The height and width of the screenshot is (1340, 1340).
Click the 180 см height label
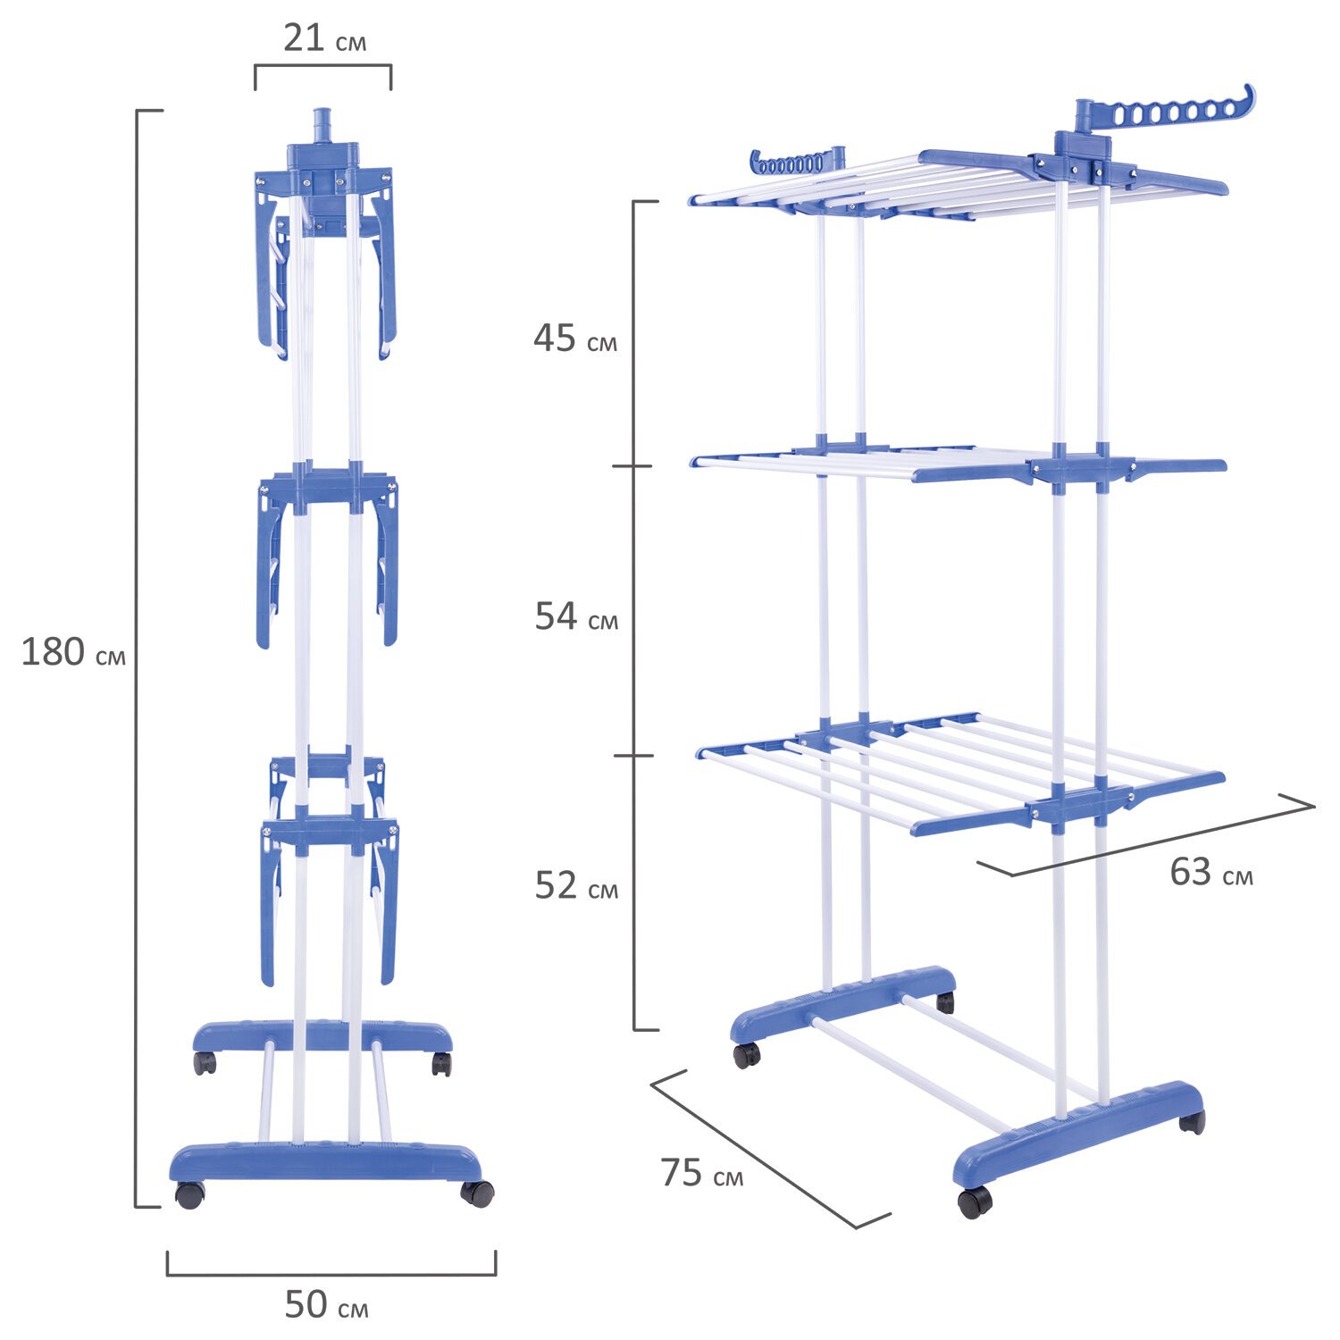pos(73,653)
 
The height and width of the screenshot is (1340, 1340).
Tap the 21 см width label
pos(324,39)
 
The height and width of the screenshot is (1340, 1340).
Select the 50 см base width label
pos(326,1305)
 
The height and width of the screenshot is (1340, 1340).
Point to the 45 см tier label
pos(574,339)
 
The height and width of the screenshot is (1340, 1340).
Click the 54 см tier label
pos(576,617)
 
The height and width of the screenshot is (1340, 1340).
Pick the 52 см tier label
pos(576,885)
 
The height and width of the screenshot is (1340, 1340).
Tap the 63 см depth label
pos(1211,873)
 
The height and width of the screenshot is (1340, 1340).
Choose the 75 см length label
pos(702,1173)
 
